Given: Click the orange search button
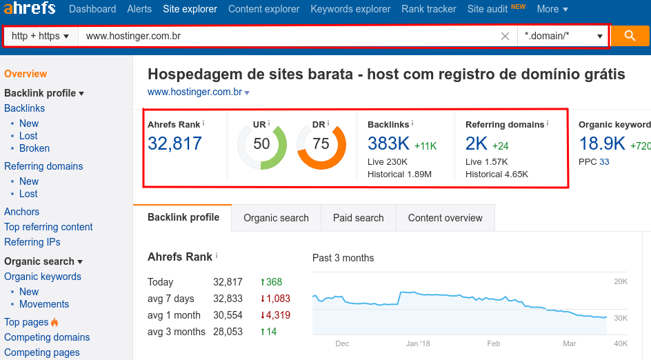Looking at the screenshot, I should [x=630, y=37].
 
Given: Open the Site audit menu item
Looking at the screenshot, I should [x=487, y=9].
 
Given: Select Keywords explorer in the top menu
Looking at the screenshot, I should [x=350, y=9].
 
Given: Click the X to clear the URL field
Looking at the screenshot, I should [x=505, y=37].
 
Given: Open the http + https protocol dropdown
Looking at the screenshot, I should [x=41, y=36].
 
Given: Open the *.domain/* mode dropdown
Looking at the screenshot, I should [x=563, y=36].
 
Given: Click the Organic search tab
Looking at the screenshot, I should [x=276, y=218].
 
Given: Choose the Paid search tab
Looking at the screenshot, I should [x=358, y=218].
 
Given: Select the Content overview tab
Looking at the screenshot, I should [x=445, y=218].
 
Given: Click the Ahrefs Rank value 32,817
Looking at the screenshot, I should [x=174, y=143].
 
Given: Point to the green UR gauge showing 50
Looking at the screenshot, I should [x=261, y=144].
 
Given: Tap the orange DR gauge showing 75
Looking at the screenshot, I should [x=321, y=144].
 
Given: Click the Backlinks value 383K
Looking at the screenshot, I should [x=388, y=143].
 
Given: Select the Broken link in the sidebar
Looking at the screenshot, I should [x=34, y=148].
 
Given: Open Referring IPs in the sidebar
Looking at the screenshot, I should [x=32, y=242].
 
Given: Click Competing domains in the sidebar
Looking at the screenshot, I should [x=47, y=337].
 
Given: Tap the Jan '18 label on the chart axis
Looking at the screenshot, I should [x=418, y=343].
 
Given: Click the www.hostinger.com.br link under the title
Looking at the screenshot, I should [x=194, y=92].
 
